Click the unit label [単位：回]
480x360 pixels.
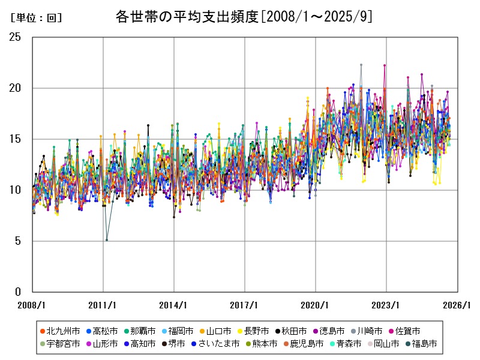tap(37, 18)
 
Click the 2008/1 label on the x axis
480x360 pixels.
tap(32, 305)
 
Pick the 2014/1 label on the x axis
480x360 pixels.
tap(173, 305)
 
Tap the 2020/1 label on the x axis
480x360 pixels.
tap(315, 305)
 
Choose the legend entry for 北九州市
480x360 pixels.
tap(60, 331)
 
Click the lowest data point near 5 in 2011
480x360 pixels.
tap(107, 240)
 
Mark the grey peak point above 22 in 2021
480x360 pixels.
tap(361, 64)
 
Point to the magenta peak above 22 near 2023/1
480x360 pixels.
tap(385, 65)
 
